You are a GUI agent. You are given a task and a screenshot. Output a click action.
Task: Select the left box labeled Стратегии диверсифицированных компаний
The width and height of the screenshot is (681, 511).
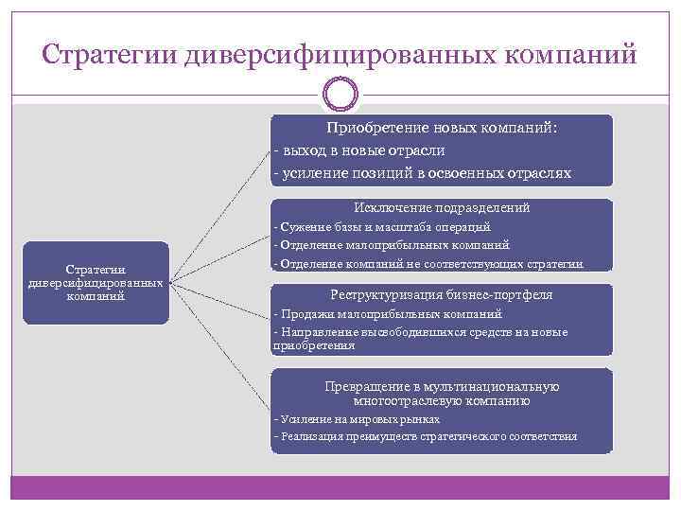pyautogui.click(x=96, y=283)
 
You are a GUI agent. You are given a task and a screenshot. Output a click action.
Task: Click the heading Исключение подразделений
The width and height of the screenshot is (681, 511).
pyautogui.click(x=442, y=206)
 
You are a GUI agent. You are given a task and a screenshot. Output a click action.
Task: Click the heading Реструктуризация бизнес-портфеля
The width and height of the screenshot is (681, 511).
pyautogui.click(x=442, y=294)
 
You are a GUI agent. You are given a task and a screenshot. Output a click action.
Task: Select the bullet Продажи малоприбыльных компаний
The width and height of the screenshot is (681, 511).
pyautogui.click(x=387, y=313)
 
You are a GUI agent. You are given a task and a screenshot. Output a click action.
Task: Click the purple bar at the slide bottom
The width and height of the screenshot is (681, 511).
pyautogui.click(x=340, y=487)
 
